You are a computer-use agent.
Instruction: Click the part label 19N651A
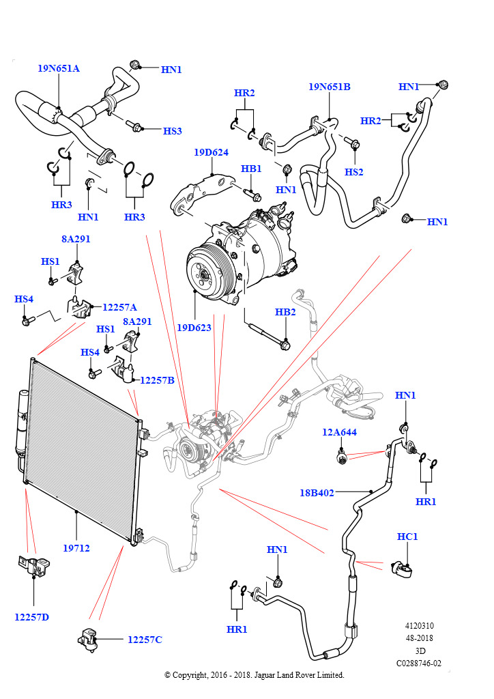click(x=58, y=68)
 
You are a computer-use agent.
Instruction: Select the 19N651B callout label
click(x=329, y=87)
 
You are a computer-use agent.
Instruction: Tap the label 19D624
click(x=211, y=152)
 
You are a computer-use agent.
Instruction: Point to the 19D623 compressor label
click(x=194, y=328)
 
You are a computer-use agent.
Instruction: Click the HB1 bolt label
click(x=251, y=169)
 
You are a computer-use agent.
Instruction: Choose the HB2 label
click(x=285, y=312)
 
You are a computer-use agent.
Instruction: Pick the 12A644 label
click(x=339, y=432)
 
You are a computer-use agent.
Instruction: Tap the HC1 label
click(x=407, y=537)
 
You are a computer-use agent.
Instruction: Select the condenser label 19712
click(x=76, y=547)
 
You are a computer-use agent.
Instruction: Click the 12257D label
click(x=31, y=617)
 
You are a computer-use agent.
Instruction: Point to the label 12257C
click(x=145, y=640)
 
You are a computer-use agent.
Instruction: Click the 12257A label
click(x=120, y=307)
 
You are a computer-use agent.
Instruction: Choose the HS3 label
click(x=172, y=131)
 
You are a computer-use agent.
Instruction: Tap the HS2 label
click(x=353, y=172)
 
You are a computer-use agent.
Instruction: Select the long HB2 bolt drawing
click(x=266, y=334)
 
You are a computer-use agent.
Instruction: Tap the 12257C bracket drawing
click(x=87, y=638)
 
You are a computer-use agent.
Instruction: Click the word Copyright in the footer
click(x=190, y=675)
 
